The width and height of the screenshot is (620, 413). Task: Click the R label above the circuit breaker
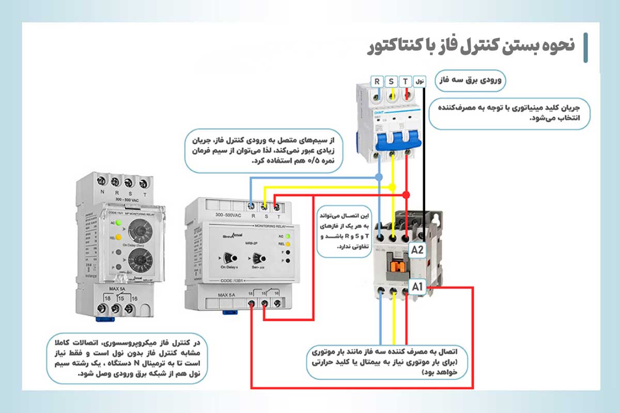pyautogui.click(x=377, y=81)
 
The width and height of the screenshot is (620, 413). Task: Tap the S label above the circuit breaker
pyautogui.click(x=392, y=81)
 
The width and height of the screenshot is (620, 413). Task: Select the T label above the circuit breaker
pyautogui.click(x=406, y=81)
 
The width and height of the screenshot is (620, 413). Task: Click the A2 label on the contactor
pyautogui.click(x=417, y=250)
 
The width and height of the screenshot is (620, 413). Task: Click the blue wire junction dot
pyautogui.click(x=379, y=177)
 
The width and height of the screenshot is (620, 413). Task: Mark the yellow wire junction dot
pyautogui.click(x=393, y=186)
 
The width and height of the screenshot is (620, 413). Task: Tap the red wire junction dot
pyautogui.click(x=406, y=195)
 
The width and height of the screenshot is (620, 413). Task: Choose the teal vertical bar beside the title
pyautogui.click(x=585, y=47)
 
